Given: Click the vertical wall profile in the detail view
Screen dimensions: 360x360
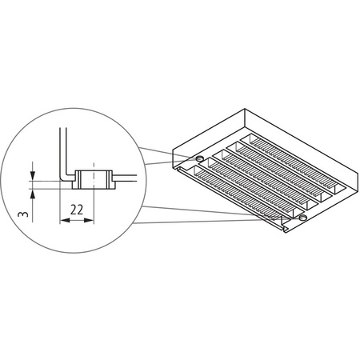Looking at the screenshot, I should click(x=61, y=148).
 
